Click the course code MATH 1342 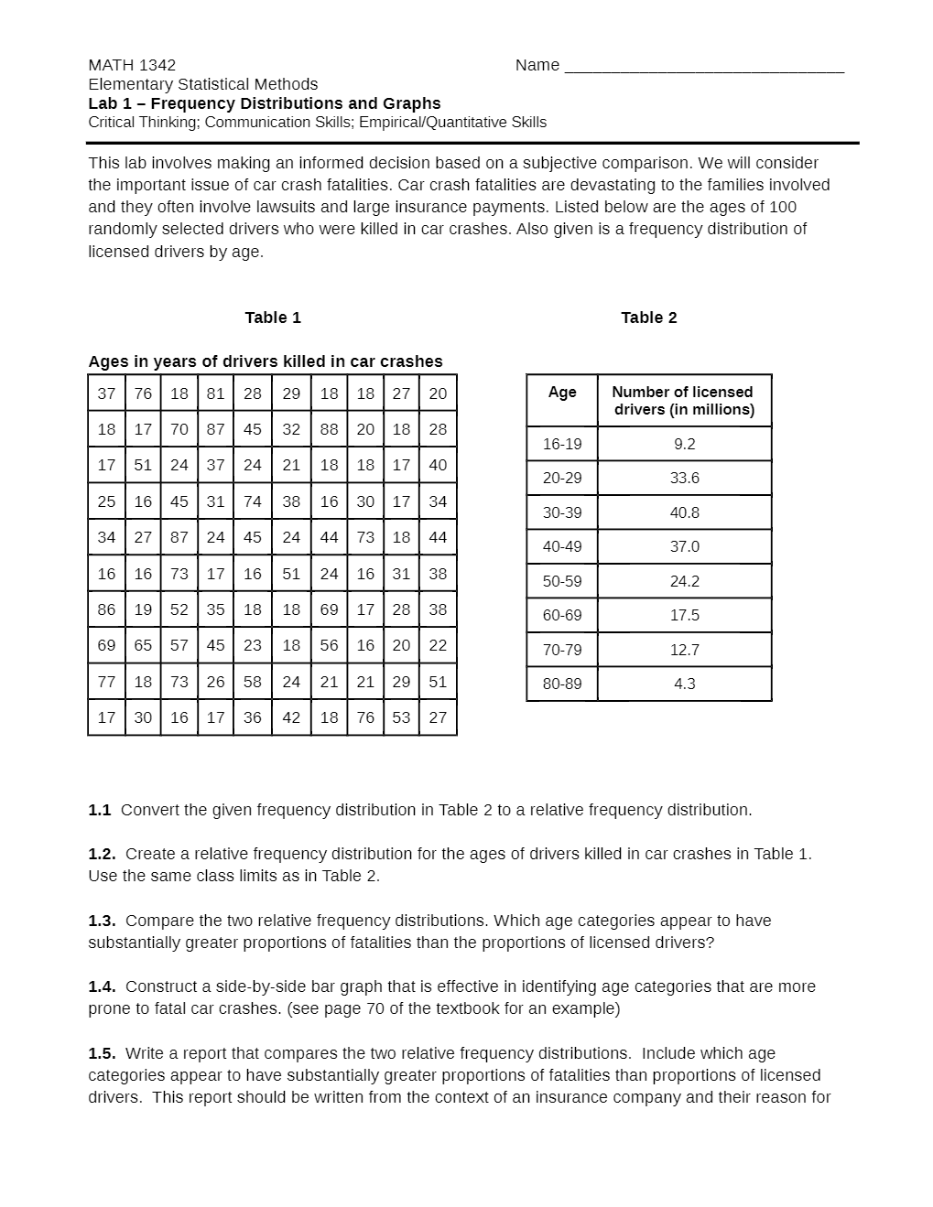point(132,65)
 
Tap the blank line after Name point(703,66)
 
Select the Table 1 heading point(273,318)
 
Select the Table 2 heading point(648,318)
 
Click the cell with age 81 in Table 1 point(215,393)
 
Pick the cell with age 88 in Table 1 point(329,429)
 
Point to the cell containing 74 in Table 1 point(253,501)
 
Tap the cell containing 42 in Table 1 point(291,717)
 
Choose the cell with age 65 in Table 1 point(143,645)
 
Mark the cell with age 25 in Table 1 point(106,501)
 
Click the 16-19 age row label point(562,444)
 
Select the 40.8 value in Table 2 point(684,512)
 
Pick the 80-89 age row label point(562,684)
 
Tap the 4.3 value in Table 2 point(684,684)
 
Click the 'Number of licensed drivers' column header point(684,401)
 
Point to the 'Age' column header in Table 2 point(562,392)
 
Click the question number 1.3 point(102,921)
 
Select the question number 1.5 point(102,1053)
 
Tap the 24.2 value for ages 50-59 point(684,581)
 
